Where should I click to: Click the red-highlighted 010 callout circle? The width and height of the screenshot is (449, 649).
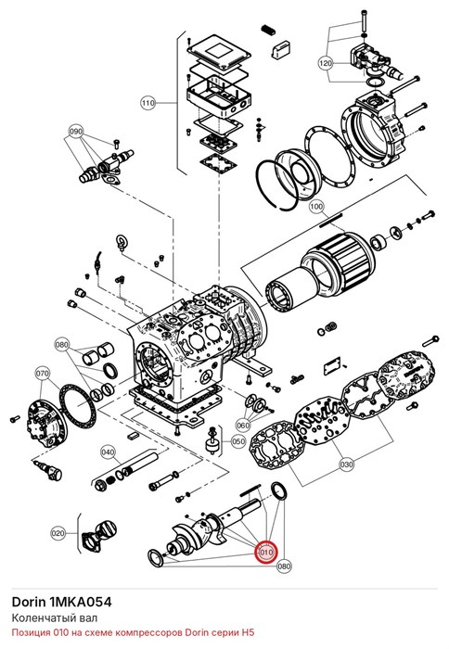pyautogui.click(x=266, y=553)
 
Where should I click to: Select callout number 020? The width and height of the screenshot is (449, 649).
pyautogui.click(x=58, y=533)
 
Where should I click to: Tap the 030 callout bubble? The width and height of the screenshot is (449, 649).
pyautogui.click(x=346, y=464)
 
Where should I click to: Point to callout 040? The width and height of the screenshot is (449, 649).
pyautogui.click(x=108, y=452)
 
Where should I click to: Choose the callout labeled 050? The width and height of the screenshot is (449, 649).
pyautogui.click(x=238, y=441)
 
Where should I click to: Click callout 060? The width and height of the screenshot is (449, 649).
pyautogui.click(x=243, y=425)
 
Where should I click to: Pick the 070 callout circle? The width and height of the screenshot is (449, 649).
pyautogui.click(x=43, y=374)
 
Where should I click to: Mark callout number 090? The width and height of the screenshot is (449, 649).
pyautogui.click(x=76, y=132)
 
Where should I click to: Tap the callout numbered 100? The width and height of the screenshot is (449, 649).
pyautogui.click(x=316, y=206)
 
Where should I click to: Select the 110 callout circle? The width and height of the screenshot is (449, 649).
pyautogui.click(x=148, y=102)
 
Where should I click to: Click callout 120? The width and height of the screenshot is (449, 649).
pyautogui.click(x=326, y=63)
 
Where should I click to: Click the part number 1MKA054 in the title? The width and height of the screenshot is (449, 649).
pyautogui.click(x=81, y=602)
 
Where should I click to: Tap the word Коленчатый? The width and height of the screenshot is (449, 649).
pyautogui.click(x=37, y=618)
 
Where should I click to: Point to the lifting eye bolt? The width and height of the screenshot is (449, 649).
pyautogui.click(x=121, y=242)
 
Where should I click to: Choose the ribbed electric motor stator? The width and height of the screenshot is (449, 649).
pyautogui.click(x=339, y=264)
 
